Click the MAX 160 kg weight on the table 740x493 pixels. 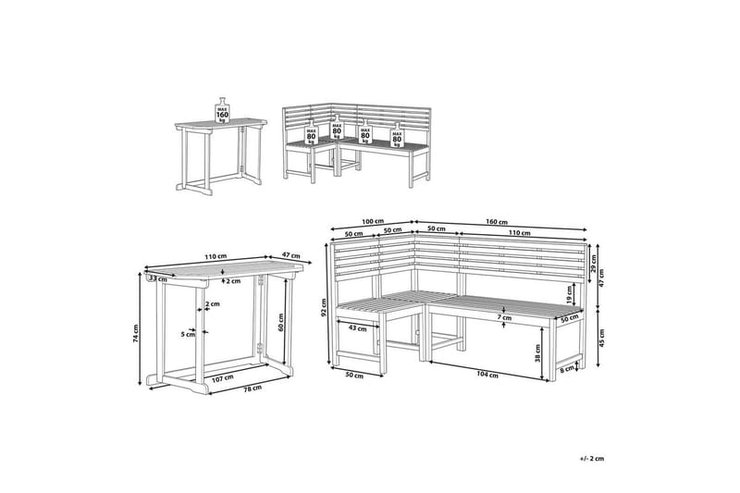tap(222, 110)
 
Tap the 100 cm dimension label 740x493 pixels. tap(373, 222)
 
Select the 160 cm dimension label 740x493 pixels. tap(497, 222)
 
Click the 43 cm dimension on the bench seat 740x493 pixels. tap(358, 327)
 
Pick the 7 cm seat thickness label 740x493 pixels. tap(502, 318)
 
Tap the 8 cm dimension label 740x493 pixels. tap(566, 370)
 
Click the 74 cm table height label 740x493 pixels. tap(136, 334)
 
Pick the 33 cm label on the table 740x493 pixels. tap(159, 277)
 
